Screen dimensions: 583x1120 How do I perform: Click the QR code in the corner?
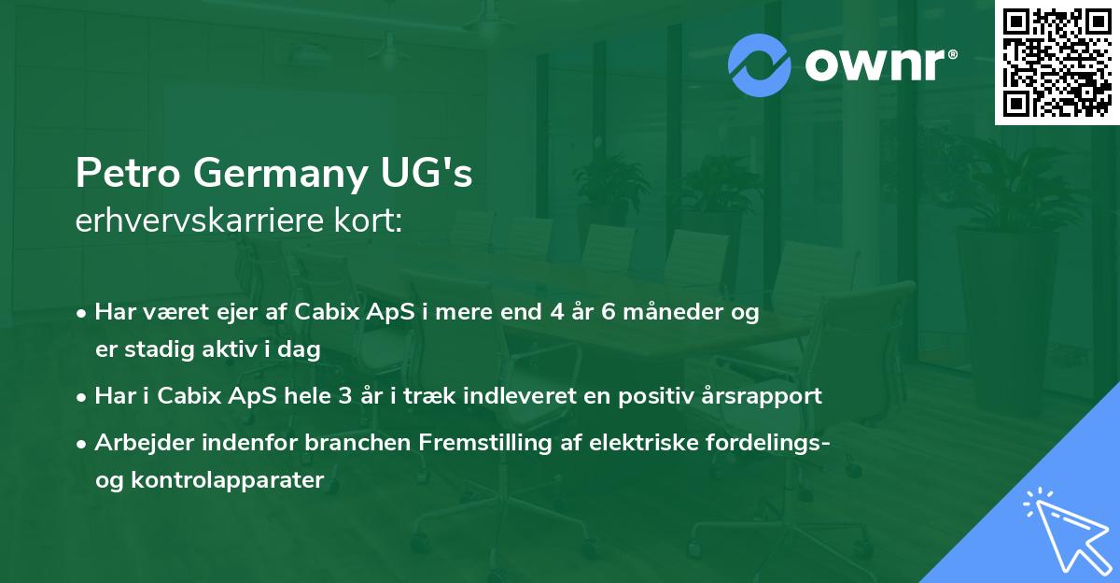[x=1057, y=63]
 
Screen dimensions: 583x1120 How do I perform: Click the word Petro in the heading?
[x=122, y=175]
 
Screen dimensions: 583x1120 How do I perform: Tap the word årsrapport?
[x=763, y=395]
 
